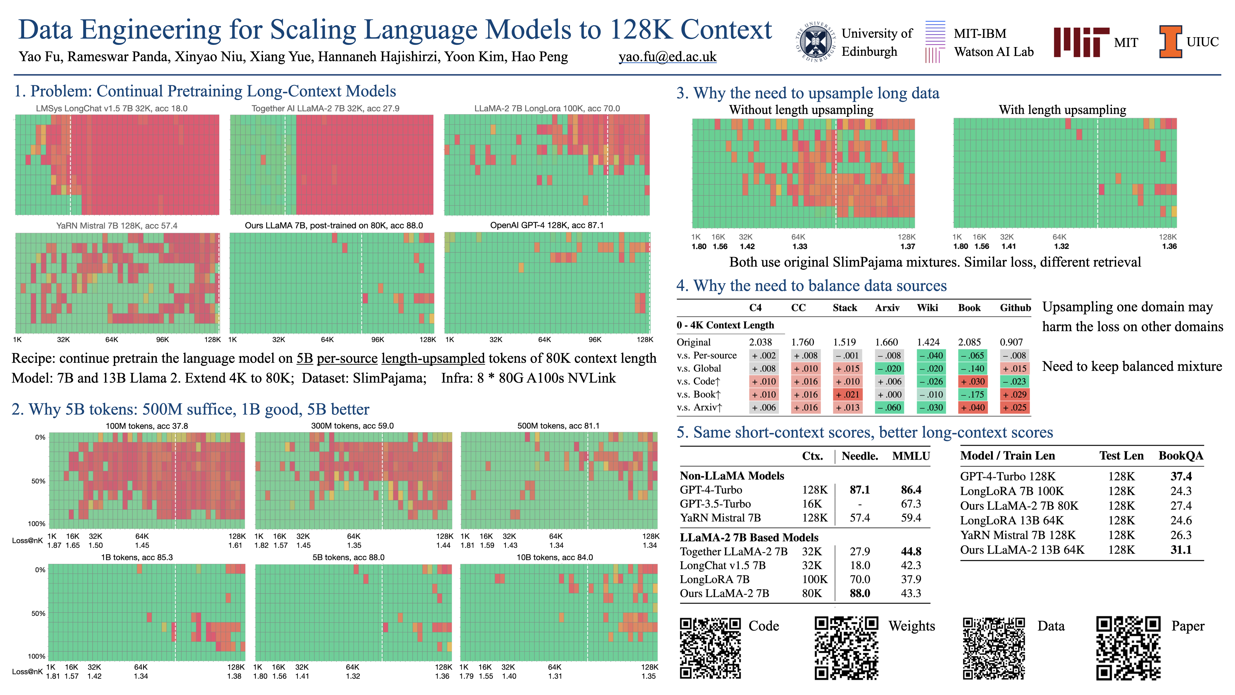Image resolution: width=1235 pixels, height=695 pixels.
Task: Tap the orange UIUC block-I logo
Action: tap(1170, 42)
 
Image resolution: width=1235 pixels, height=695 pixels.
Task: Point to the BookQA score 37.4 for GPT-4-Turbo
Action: tap(1181, 476)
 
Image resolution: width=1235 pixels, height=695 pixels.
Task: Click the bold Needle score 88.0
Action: tap(860, 593)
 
